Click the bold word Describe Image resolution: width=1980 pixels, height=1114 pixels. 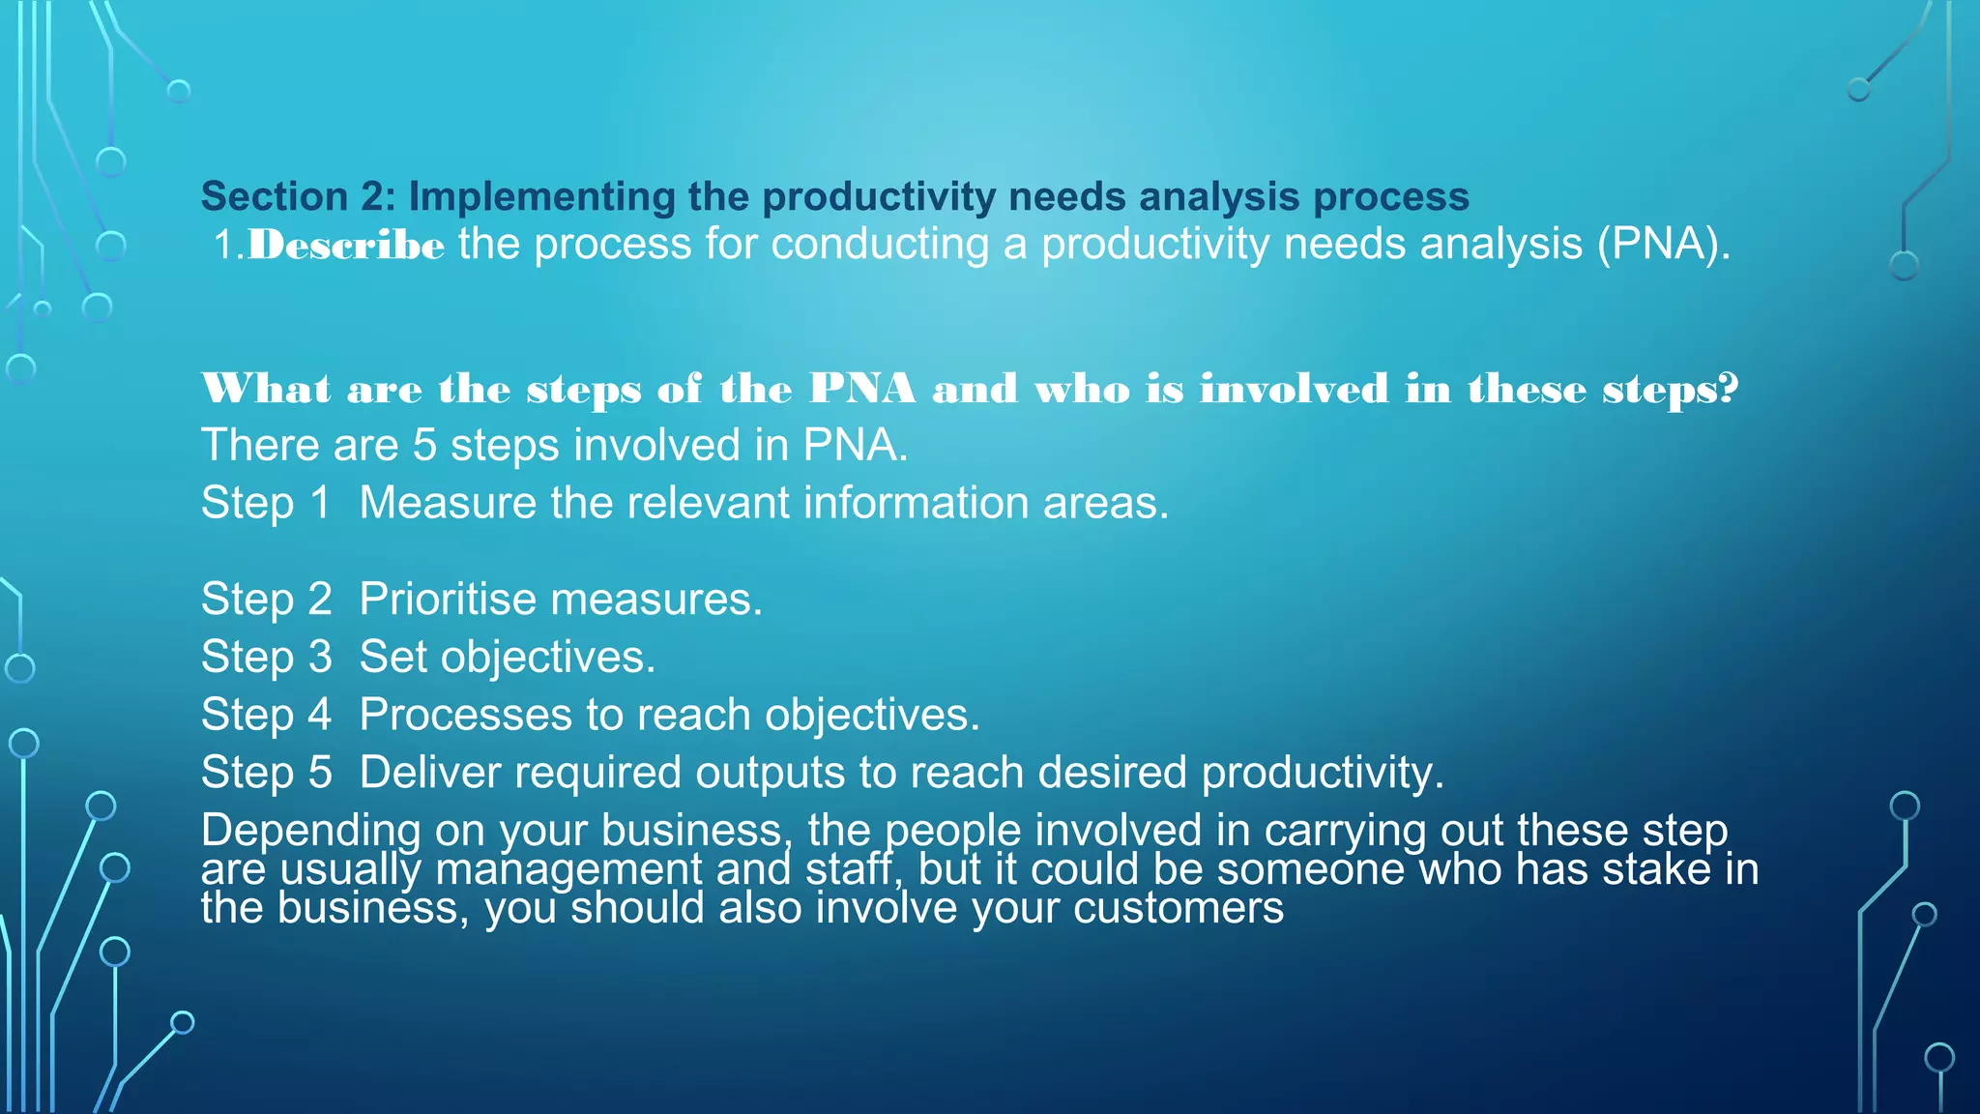(346, 245)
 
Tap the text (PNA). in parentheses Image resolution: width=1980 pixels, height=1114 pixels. (1663, 245)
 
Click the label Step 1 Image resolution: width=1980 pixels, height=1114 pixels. (265, 503)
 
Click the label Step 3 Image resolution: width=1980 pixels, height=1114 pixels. (266, 658)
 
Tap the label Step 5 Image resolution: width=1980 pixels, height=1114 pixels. (266, 773)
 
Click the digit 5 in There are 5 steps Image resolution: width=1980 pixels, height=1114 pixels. (424, 446)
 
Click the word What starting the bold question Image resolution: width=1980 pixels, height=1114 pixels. (266, 389)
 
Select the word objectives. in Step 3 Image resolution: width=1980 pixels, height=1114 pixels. (547, 658)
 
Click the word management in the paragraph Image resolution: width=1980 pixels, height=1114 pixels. (568, 869)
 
